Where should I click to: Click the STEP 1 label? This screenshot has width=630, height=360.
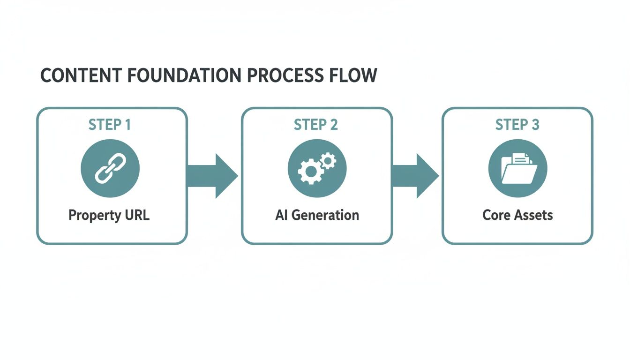pos(109,125)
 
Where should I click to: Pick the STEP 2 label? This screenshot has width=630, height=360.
pos(316,125)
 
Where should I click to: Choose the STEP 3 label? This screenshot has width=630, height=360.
pos(517,125)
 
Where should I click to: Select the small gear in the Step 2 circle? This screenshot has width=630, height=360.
pos(328,161)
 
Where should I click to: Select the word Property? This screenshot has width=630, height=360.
pos(94,216)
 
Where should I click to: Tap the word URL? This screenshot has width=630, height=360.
pos(136,215)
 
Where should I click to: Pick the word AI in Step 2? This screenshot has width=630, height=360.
pos(281,215)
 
